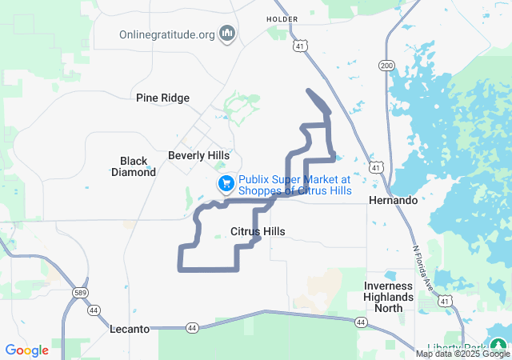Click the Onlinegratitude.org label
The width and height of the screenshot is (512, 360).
[x=167, y=34]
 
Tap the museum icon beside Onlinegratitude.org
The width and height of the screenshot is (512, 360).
[x=227, y=34]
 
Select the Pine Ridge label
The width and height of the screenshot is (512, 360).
[x=163, y=98]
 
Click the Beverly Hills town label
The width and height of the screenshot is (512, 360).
[x=198, y=155]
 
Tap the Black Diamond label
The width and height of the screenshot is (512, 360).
[x=134, y=166]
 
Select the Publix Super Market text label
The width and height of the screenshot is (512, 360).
[x=294, y=185]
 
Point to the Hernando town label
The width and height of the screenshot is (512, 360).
[x=394, y=200]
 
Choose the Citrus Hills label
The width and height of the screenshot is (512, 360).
[x=258, y=232]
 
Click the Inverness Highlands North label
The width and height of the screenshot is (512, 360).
[x=389, y=297]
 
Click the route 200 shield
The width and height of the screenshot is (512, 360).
[x=387, y=66]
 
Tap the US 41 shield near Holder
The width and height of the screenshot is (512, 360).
[x=298, y=46]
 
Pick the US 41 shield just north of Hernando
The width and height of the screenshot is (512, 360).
[x=376, y=167]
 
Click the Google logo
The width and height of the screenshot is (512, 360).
[x=27, y=350]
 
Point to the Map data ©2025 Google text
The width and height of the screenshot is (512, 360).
[x=462, y=354]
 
